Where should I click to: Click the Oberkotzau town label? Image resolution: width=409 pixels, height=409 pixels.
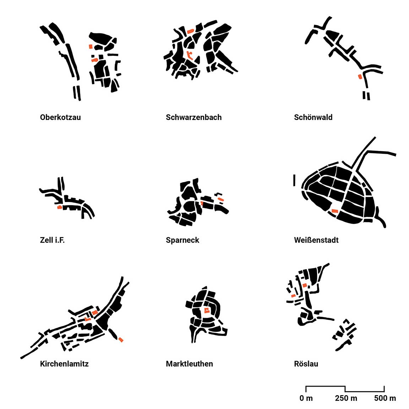pos(60,118)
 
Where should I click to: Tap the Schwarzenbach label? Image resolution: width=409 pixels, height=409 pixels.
pos(193,118)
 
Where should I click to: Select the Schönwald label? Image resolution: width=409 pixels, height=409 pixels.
pos(313,118)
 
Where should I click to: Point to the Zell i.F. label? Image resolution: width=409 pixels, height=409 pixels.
pos(52,240)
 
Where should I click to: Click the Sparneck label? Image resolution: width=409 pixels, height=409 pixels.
pos(182,240)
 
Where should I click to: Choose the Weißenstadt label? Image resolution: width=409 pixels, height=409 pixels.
pos(316,240)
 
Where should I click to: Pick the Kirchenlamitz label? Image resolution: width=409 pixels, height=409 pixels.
pos(64,364)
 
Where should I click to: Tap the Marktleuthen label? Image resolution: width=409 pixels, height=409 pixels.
pos(189,364)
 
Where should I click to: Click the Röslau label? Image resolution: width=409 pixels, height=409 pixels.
pos(306,364)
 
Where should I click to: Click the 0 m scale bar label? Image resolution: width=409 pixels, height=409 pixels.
pos(306,398)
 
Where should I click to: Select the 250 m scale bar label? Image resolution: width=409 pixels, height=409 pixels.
pos(346,398)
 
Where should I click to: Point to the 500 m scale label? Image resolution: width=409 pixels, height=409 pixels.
pos(385,398)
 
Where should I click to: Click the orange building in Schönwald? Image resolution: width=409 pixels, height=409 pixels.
pos(360,76)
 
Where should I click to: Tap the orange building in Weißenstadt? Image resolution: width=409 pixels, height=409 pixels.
pos(334,211)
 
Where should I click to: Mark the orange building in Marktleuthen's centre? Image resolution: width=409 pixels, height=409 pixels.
pos(207,310)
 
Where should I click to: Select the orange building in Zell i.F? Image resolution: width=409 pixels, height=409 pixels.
pos(60,207)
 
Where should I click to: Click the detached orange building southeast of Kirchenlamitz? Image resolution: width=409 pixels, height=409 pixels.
pos(120,339)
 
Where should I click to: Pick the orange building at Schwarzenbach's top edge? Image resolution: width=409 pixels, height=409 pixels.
pos(191,31)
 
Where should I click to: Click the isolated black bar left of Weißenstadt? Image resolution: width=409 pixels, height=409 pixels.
pos(294,180)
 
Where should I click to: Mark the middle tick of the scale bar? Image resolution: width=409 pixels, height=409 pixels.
pos(345,389)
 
